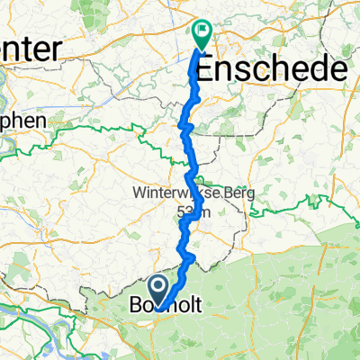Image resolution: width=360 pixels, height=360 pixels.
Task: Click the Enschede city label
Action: pyautogui.click(x=272, y=69)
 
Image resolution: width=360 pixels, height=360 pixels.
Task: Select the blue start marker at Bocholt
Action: pyautogui.click(x=159, y=291)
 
